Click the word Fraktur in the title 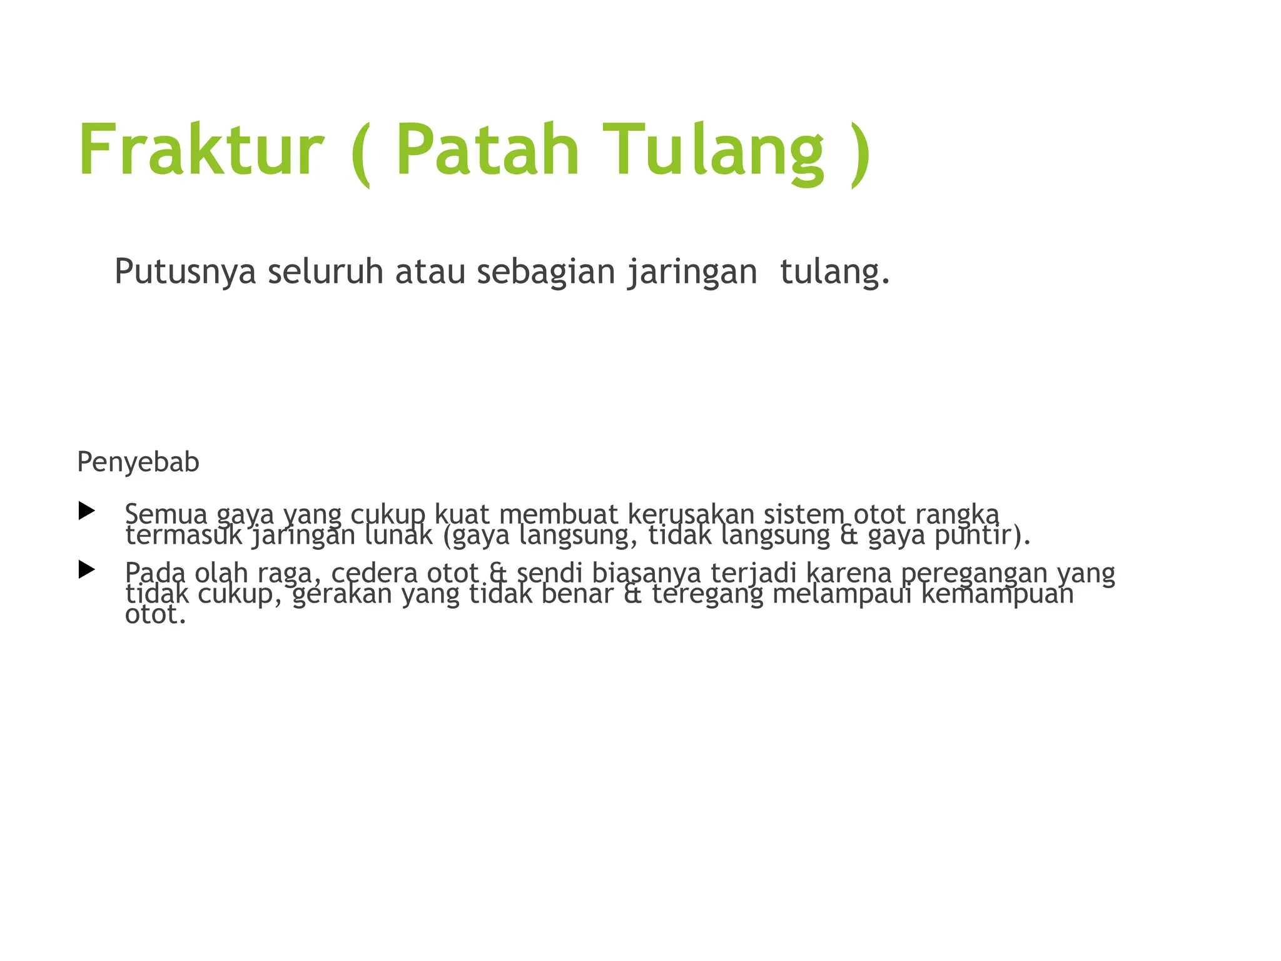[201, 150]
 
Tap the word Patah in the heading [488, 150]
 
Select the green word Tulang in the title [714, 150]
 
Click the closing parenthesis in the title [860, 153]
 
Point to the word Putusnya [185, 273]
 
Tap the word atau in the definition [430, 273]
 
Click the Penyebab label [138, 462]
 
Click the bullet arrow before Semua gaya [86, 511]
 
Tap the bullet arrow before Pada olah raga [86, 569]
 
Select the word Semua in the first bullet [166, 514]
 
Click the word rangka [956, 514]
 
